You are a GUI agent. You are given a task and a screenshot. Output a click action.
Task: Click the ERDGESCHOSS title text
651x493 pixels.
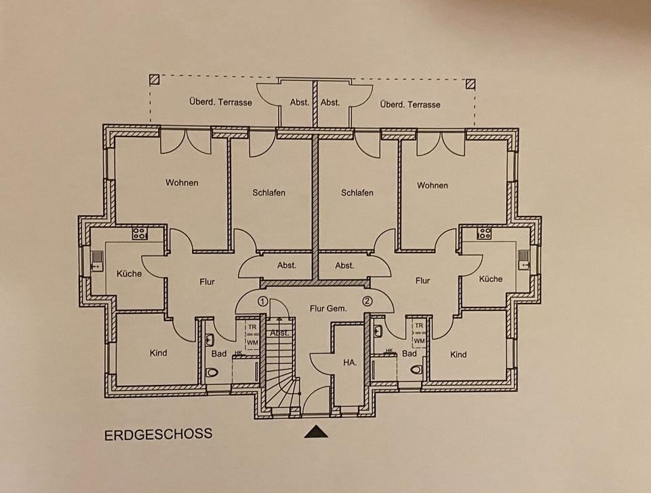(x=158, y=434)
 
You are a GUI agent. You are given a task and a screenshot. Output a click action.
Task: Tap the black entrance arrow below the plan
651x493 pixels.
(x=315, y=431)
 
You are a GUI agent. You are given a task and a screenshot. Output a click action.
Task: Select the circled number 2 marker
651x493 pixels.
(x=367, y=301)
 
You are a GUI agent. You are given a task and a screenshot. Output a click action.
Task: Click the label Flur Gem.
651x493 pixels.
(x=328, y=308)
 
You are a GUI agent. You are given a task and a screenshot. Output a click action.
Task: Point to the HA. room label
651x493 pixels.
(x=350, y=363)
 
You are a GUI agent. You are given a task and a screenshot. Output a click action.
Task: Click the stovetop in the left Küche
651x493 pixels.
(x=139, y=234)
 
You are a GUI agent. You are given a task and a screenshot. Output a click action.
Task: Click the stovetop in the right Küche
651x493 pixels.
(x=484, y=234)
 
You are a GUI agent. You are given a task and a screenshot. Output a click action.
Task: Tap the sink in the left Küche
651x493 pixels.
(x=97, y=257)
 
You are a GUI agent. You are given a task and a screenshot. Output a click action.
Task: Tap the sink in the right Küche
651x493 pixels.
(x=524, y=257)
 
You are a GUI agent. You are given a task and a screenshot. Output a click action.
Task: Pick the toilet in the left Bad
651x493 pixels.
(x=212, y=371)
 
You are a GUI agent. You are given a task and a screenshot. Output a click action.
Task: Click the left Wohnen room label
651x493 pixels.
(x=182, y=183)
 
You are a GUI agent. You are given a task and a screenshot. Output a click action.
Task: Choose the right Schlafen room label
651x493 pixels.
(x=357, y=193)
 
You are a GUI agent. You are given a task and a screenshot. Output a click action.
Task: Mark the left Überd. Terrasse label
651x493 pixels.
(x=220, y=102)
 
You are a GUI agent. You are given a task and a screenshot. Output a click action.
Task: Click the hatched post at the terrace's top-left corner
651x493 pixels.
(x=155, y=79)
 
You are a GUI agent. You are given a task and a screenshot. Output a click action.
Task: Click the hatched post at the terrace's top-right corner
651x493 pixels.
(x=470, y=84)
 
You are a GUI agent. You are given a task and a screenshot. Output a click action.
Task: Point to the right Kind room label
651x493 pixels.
(x=458, y=354)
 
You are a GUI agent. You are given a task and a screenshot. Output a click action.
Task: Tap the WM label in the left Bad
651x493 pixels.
(x=252, y=342)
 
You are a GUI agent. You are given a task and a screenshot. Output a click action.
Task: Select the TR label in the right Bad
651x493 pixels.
(x=418, y=326)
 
